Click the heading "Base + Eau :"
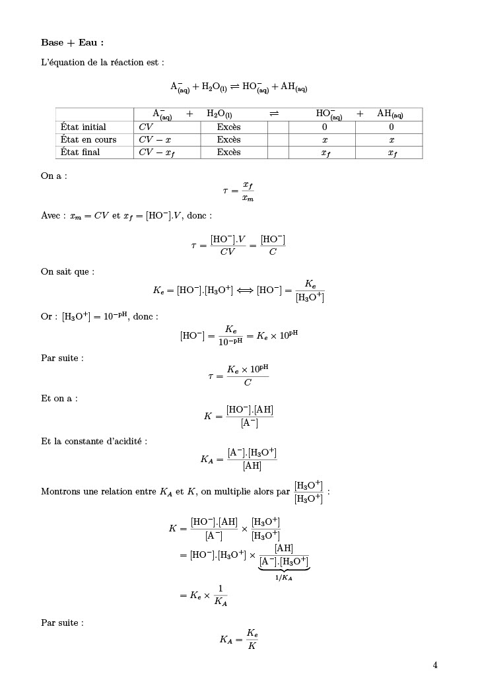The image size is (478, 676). [x=73, y=43]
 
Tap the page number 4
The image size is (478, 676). [x=435, y=665]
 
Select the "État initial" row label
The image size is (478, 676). [x=83, y=127]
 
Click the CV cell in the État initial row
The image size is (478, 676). [x=146, y=127]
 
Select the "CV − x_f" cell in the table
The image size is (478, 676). [x=156, y=152]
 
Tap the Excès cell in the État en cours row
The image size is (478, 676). [x=228, y=139]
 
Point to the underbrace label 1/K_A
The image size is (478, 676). [x=284, y=578]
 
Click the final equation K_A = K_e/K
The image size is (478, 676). [x=238, y=639]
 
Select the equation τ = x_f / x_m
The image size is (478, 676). [x=238, y=191]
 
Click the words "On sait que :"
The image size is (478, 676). [x=67, y=271]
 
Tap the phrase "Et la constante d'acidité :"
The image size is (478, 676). [x=94, y=441]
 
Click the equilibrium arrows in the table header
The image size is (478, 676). [x=275, y=114]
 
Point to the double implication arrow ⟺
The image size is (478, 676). [x=245, y=290]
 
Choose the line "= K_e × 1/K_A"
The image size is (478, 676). [x=203, y=595]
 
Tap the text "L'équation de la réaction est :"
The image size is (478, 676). [x=102, y=63]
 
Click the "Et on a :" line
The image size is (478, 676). [x=59, y=399]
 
